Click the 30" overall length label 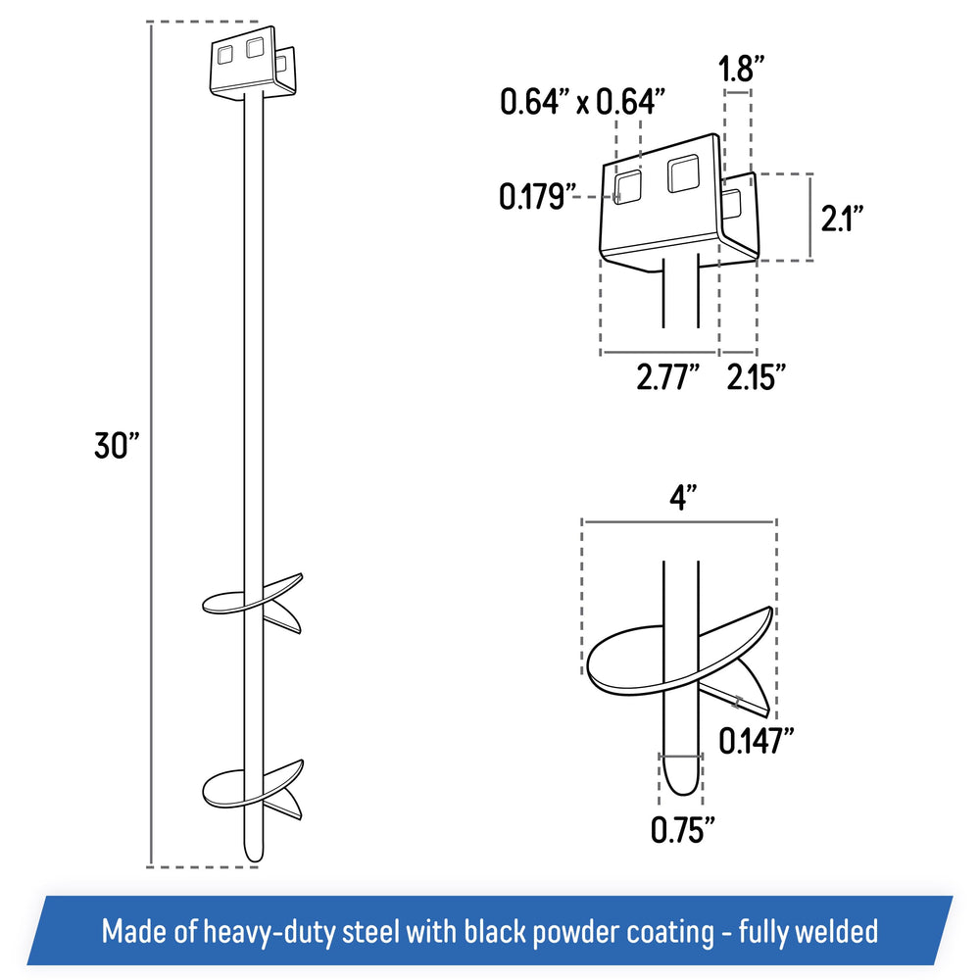pyautogui.click(x=117, y=445)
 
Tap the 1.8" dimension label pyautogui.click(x=741, y=69)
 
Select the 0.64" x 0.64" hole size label pyautogui.click(x=582, y=101)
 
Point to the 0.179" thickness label pyautogui.click(x=536, y=196)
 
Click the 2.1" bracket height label pyautogui.click(x=842, y=219)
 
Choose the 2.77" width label pyautogui.click(x=667, y=377)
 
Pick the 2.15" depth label pyautogui.click(x=755, y=377)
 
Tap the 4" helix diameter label pyautogui.click(x=682, y=498)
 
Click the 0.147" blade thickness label pyautogui.click(x=756, y=741)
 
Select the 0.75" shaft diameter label pyautogui.click(x=682, y=829)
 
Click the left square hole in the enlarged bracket pyautogui.click(x=627, y=186)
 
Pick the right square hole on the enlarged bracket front pyautogui.click(x=683, y=172)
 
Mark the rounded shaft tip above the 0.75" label pyautogui.click(x=681, y=784)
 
